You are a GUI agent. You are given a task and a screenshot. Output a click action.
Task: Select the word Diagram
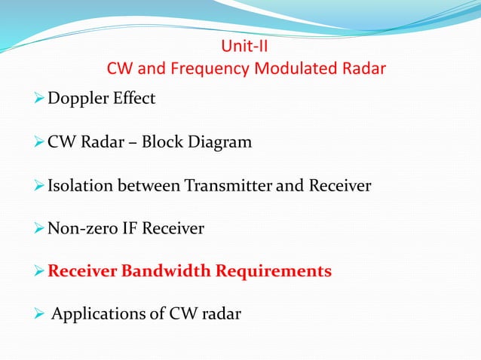tap(224, 142)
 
